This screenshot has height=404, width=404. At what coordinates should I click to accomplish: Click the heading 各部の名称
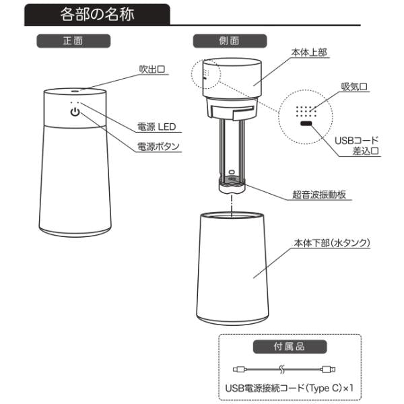coord(97,14)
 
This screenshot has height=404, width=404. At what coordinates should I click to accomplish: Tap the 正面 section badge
coord(73,40)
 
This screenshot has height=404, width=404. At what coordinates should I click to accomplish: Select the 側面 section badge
coord(230,40)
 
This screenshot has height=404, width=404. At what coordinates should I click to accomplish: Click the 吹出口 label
coord(152,69)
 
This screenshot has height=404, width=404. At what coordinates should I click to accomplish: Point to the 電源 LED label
coord(157,127)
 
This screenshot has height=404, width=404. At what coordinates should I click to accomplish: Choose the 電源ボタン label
coord(158,147)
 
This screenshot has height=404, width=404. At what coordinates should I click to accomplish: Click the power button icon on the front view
coord(75,112)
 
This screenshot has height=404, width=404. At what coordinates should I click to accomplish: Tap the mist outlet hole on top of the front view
coord(75,91)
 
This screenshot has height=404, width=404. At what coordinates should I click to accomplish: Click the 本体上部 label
coord(309,53)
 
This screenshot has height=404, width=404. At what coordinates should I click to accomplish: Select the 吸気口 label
coord(354,87)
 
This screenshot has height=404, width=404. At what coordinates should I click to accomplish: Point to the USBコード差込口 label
coord(357,145)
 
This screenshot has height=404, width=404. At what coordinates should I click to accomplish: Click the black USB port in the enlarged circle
coord(306,123)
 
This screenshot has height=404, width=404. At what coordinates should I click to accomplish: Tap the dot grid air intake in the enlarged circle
coord(306,111)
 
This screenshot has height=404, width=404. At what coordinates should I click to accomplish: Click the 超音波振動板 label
coord(319,195)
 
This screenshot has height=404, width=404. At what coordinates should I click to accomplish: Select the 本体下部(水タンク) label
coord(332,243)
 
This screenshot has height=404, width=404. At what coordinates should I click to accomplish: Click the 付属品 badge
coord(290,347)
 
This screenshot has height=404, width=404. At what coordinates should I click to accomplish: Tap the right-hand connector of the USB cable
coord(329,370)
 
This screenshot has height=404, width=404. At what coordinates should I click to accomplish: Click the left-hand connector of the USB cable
coord(240,370)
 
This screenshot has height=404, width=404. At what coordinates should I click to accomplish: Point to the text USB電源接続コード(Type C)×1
coord(290,389)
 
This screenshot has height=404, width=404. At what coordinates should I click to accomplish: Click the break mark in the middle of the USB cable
coord(281,370)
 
